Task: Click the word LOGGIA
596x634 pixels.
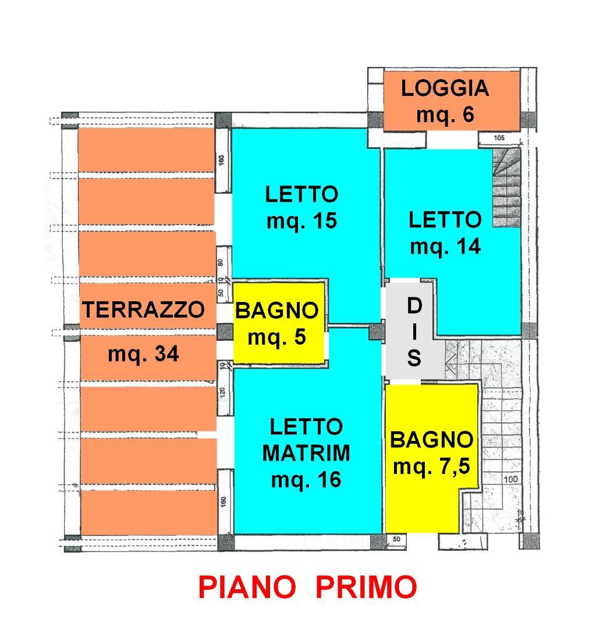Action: coord(445,88)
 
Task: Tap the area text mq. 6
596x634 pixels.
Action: coord(445,115)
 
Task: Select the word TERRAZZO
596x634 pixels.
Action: coord(144,309)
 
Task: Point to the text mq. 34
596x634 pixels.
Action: coord(143,354)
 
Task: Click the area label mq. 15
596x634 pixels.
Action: coord(301,221)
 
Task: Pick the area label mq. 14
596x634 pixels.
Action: coord(445,247)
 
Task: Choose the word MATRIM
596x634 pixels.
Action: coord(306,453)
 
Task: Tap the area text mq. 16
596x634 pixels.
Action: coord(306,480)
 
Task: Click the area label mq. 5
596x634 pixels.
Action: coord(277,337)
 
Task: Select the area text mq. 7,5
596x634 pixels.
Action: coord(431,466)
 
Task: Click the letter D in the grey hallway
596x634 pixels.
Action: coord(414,306)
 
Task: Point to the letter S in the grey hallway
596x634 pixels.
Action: coord(414,358)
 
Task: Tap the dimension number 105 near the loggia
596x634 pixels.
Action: coord(499,138)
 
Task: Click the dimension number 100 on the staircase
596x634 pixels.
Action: coord(510,479)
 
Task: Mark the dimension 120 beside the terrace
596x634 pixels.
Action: coord(222,392)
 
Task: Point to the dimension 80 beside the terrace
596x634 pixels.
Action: coord(221,262)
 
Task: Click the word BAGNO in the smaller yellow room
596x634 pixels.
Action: coord(277,311)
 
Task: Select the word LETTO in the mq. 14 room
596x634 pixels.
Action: coord(445,220)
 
